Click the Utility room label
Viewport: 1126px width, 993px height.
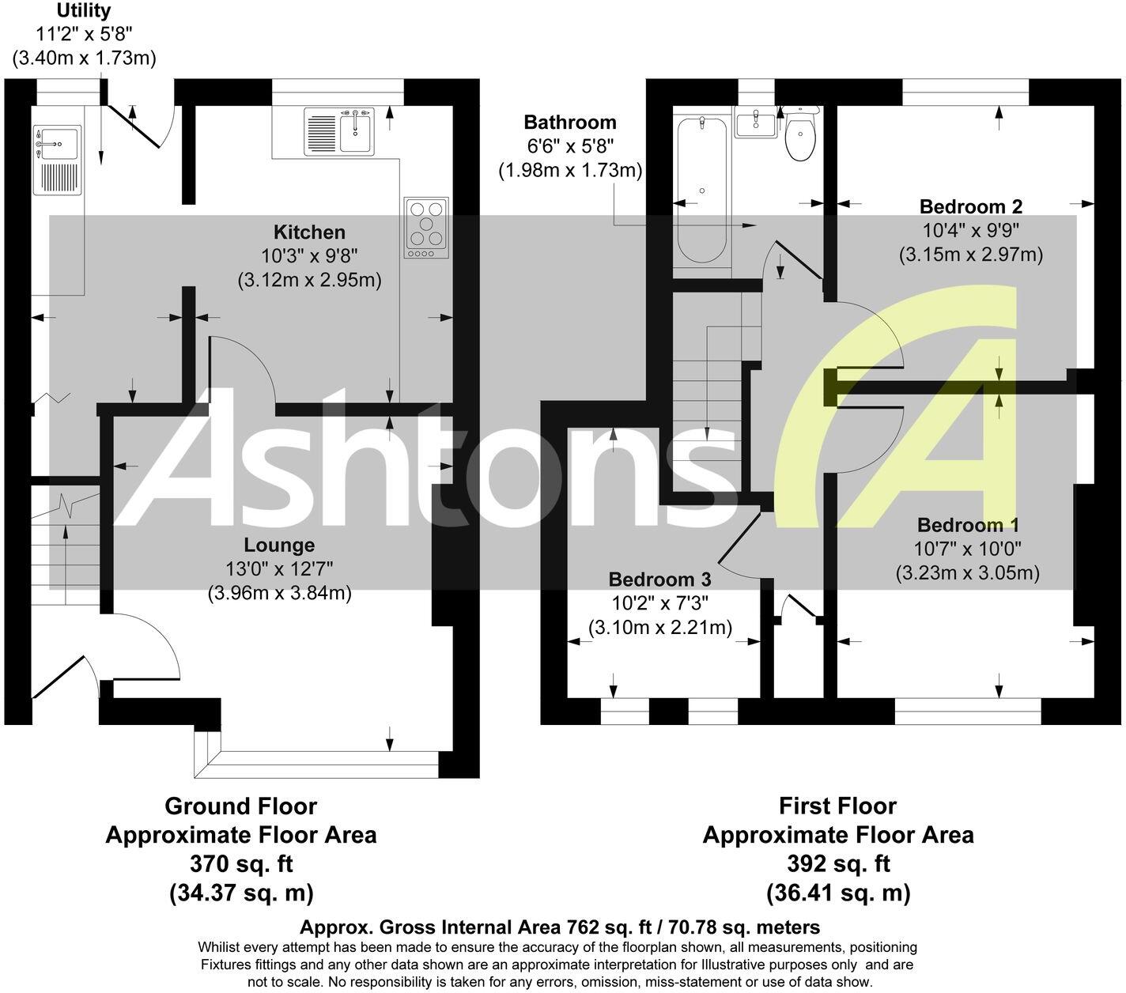point(84,12)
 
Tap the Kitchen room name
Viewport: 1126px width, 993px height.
point(309,232)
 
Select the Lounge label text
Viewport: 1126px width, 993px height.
point(279,545)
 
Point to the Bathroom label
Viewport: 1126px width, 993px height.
point(570,123)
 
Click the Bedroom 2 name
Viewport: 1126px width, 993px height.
point(970,207)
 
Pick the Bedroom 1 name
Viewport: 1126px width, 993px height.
point(968,526)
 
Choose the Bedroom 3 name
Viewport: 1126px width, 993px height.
point(659,580)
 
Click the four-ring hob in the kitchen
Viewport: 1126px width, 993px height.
point(425,227)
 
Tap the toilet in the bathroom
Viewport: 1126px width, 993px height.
point(801,137)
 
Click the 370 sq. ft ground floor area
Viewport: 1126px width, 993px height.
point(240,863)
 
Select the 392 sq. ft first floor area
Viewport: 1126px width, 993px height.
point(837,863)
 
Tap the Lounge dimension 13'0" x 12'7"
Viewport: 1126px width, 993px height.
point(279,568)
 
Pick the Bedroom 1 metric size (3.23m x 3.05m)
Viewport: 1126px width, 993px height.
point(967,573)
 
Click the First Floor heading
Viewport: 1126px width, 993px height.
point(837,806)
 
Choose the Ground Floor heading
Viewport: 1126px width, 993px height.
point(240,806)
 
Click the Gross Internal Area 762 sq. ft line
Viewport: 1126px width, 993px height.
point(560,927)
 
